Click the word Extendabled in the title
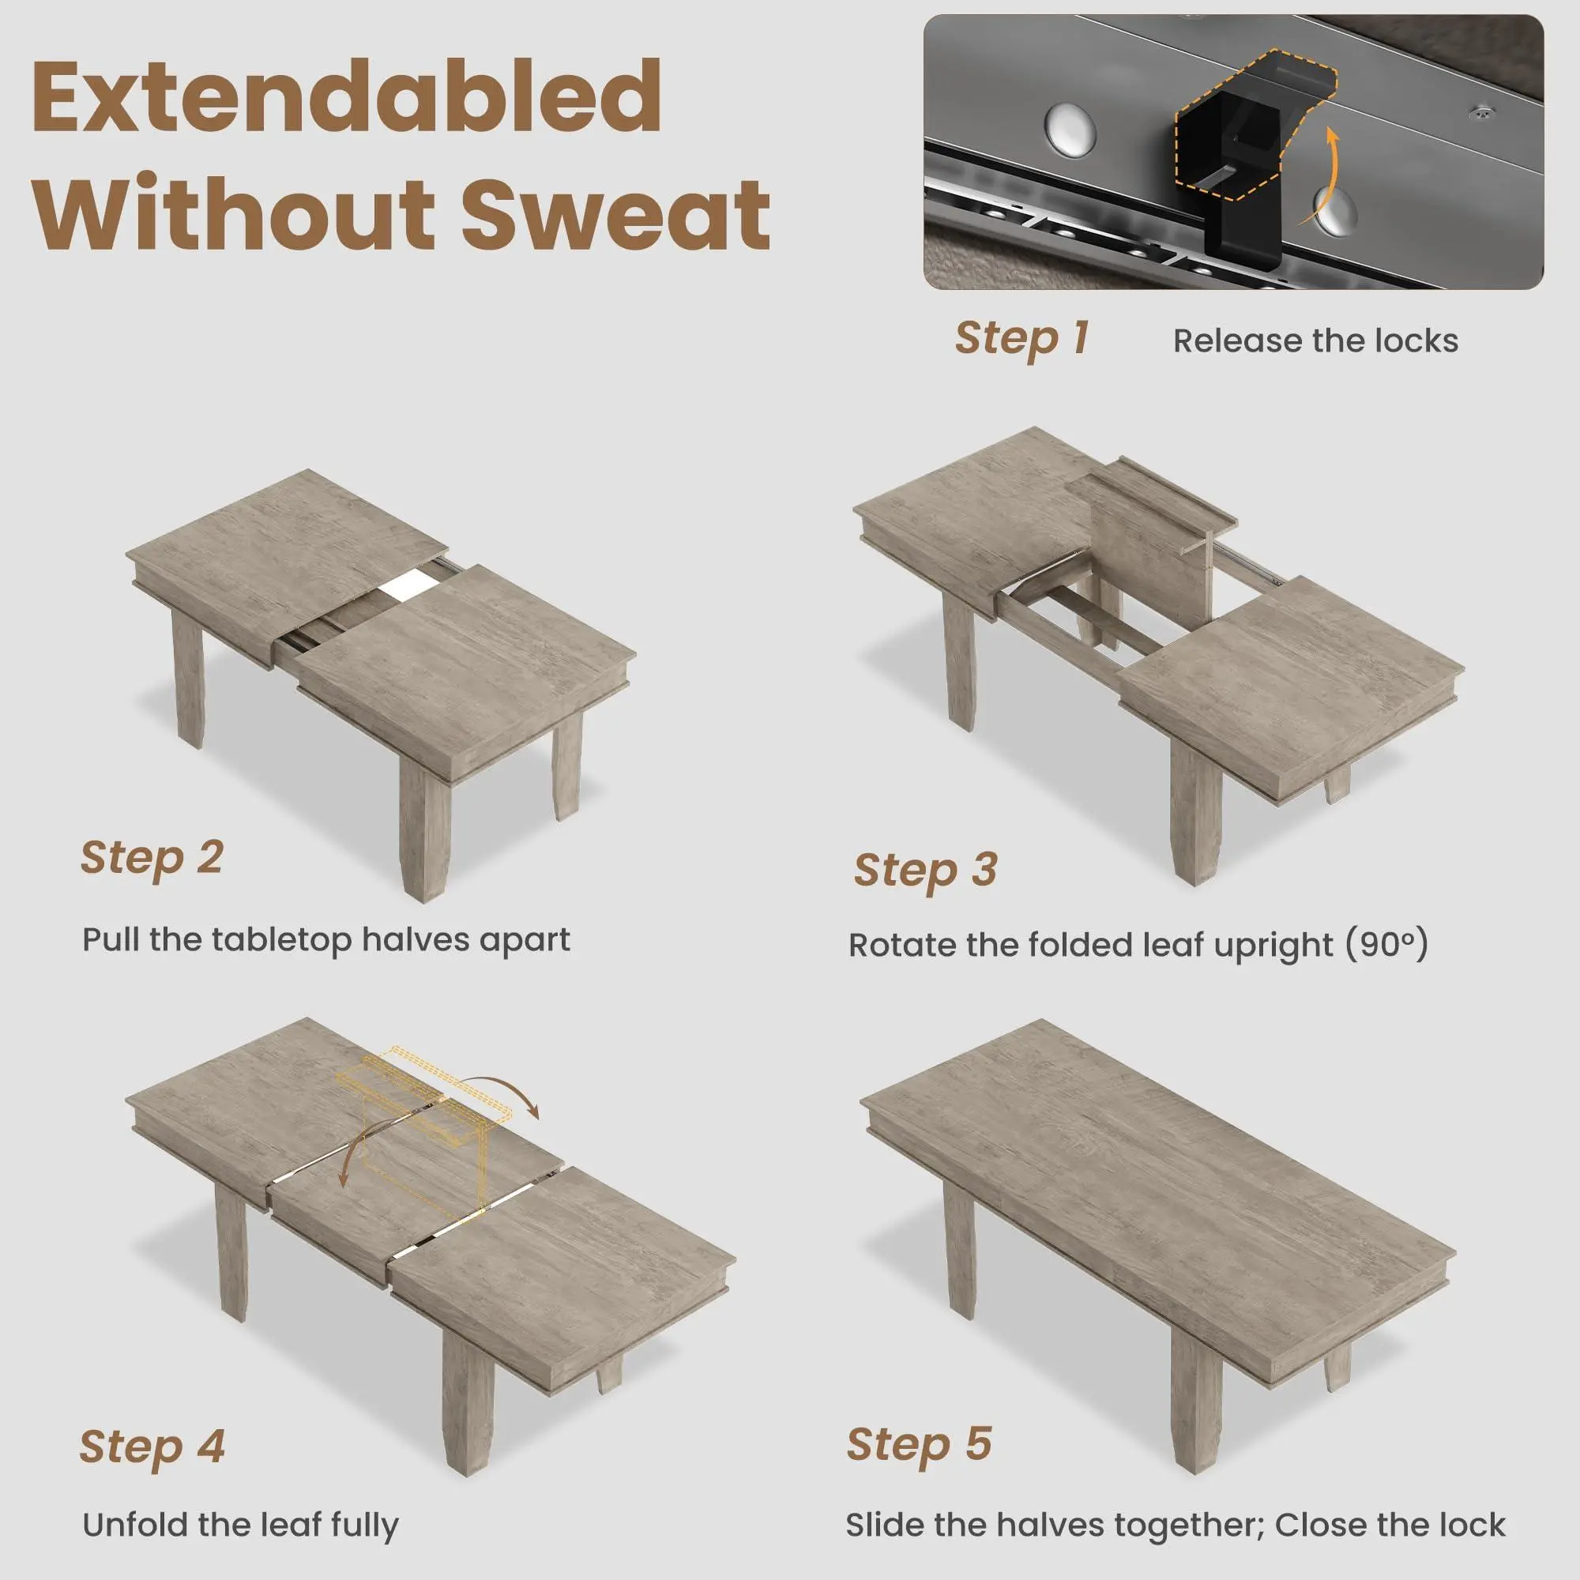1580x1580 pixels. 347,96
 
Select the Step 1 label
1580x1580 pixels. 1021,338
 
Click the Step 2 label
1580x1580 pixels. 152,858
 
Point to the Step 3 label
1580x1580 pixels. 925,870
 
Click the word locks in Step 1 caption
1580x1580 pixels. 1416,341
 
